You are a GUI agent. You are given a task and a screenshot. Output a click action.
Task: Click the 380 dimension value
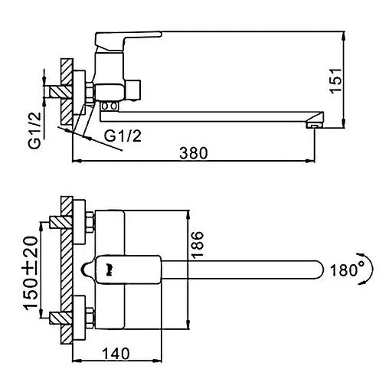(194, 153)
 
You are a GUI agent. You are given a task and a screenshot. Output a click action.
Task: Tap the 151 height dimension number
(335, 80)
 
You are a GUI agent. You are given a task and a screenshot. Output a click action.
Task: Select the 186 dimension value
(198, 245)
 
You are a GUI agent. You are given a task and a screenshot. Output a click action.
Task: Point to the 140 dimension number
(116, 354)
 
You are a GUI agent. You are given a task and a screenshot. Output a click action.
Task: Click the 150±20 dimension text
(31, 273)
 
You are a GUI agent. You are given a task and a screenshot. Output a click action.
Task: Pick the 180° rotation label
(347, 270)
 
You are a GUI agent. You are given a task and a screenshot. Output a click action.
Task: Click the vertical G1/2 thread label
(34, 130)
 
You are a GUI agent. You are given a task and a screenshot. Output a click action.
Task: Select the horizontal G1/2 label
(122, 136)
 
